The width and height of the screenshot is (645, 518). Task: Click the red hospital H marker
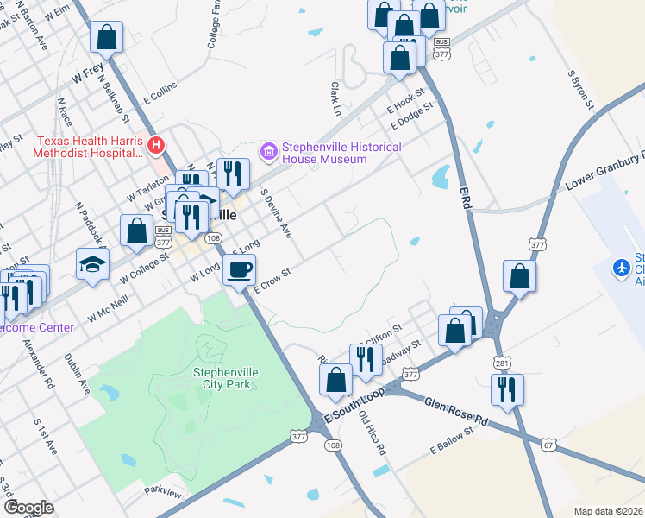pos(155,144)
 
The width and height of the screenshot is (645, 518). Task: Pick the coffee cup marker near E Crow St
pos(239,271)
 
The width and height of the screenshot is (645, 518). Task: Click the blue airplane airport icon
pos(620,267)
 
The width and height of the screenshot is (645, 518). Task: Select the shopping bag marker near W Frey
pos(106,38)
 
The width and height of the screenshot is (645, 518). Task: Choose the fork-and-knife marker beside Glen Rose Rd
pos(507,389)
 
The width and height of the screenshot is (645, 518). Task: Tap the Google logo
pos(28,508)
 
